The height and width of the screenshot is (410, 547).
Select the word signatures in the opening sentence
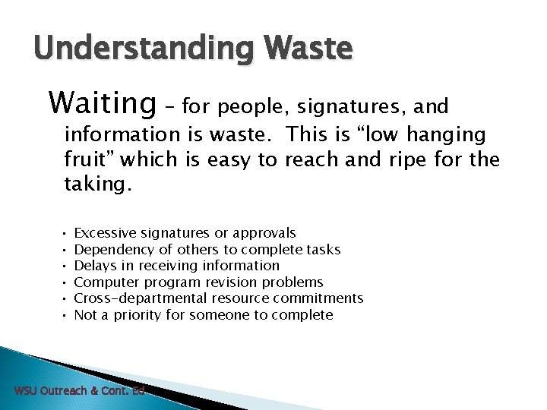340,106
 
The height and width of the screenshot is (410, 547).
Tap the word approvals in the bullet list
264,233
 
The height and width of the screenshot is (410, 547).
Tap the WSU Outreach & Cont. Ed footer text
79,390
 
